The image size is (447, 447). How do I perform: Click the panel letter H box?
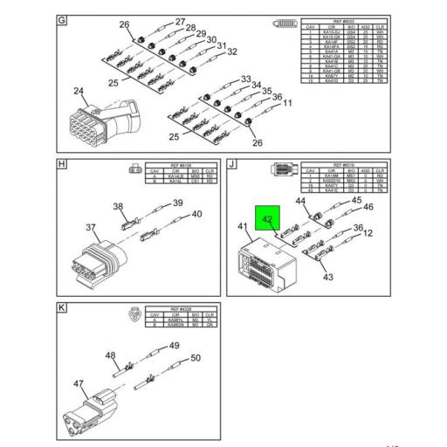[61, 163]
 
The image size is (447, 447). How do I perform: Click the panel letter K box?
[61, 308]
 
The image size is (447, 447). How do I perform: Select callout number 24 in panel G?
[79, 91]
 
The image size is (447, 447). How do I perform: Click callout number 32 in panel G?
[231, 52]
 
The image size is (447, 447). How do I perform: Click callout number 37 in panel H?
[91, 228]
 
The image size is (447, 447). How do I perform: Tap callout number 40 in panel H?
[196, 214]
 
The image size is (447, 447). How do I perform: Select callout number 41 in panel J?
[244, 227]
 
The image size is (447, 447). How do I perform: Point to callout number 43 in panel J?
[328, 278]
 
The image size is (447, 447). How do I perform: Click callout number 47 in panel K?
[78, 382]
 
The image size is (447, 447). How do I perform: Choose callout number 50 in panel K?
[196, 358]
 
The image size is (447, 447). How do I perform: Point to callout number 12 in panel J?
[368, 233]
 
